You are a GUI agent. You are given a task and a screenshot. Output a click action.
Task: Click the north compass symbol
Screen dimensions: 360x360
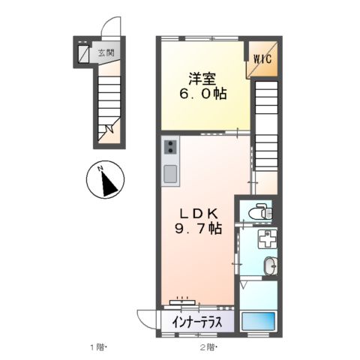105,181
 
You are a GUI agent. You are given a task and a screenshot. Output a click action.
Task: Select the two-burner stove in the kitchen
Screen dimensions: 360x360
169,147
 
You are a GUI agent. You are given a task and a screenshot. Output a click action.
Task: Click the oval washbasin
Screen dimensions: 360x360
270,265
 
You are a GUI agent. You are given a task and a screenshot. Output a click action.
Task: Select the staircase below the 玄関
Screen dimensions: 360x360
106,105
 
